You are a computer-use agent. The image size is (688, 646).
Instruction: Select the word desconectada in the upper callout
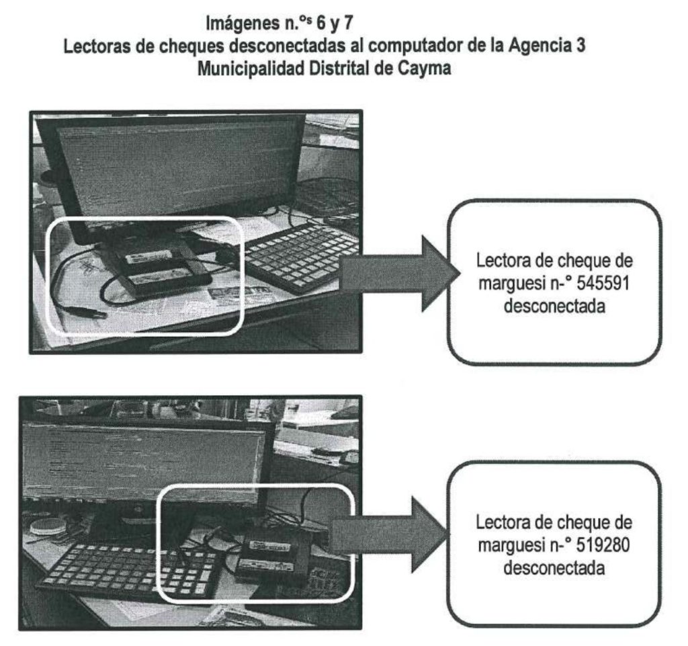pos(554,306)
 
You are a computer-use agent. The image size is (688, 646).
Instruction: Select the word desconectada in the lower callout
pos(554,568)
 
